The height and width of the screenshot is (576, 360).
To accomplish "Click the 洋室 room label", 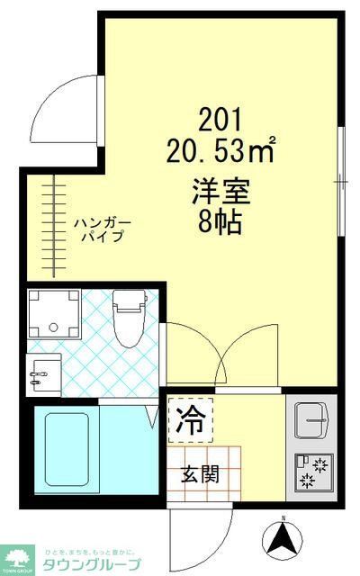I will (220, 191).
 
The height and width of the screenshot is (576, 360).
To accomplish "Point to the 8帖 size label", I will (220, 221).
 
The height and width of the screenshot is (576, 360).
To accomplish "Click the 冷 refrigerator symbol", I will (190, 420).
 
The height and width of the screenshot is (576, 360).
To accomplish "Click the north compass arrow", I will (281, 539).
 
